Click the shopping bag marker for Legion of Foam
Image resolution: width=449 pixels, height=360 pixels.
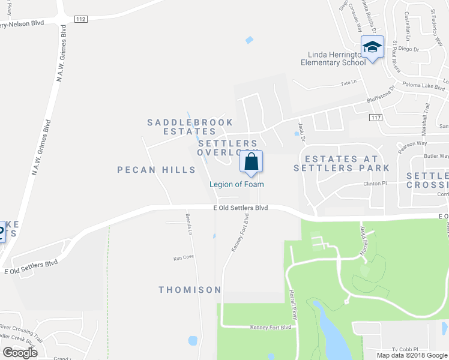tap(252, 163)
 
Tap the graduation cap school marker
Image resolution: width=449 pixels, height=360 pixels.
tap(372, 47)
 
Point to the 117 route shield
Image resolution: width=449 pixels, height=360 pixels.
tap(376, 117)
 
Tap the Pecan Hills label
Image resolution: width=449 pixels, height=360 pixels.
tap(157, 170)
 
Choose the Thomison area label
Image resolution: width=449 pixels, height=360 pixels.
tap(190, 290)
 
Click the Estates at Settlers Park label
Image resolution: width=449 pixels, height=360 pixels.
tap(342, 163)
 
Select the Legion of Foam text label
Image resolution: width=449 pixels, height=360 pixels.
tap(237, 184)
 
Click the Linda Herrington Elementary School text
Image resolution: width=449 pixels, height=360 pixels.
tap(333, 58)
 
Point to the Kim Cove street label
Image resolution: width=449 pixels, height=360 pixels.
tap(184, 257)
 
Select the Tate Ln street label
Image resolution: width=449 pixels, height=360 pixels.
tap(349, 82)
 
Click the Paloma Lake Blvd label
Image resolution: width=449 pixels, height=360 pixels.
tap(423, 86)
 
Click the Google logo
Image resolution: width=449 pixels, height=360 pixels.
tap(20, 352)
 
